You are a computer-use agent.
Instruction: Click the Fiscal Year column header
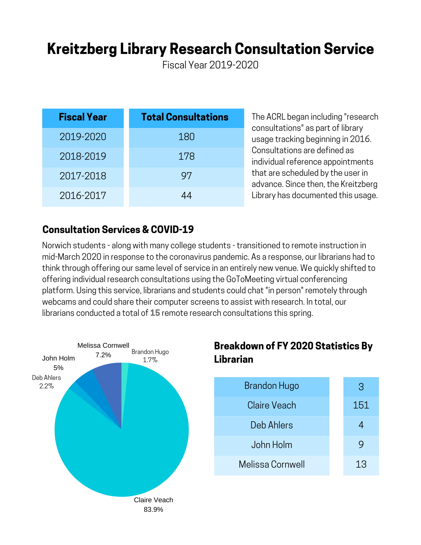tap(83, 117)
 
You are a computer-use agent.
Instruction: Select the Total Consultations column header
tap(186, 117)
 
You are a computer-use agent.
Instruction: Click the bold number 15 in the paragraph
tap(155, 313)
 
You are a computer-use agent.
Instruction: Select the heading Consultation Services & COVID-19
tap(118, 230)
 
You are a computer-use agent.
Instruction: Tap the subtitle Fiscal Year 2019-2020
tap(210, 65)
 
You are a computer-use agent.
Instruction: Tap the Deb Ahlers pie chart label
tap(46, 378)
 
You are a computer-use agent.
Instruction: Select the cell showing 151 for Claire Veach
tap(361, 405)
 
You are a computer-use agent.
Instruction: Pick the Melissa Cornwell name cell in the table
tap(272, 464)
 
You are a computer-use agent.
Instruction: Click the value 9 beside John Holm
tap(361, 445)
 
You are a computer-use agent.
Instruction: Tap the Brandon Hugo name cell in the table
tap(272, 386)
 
